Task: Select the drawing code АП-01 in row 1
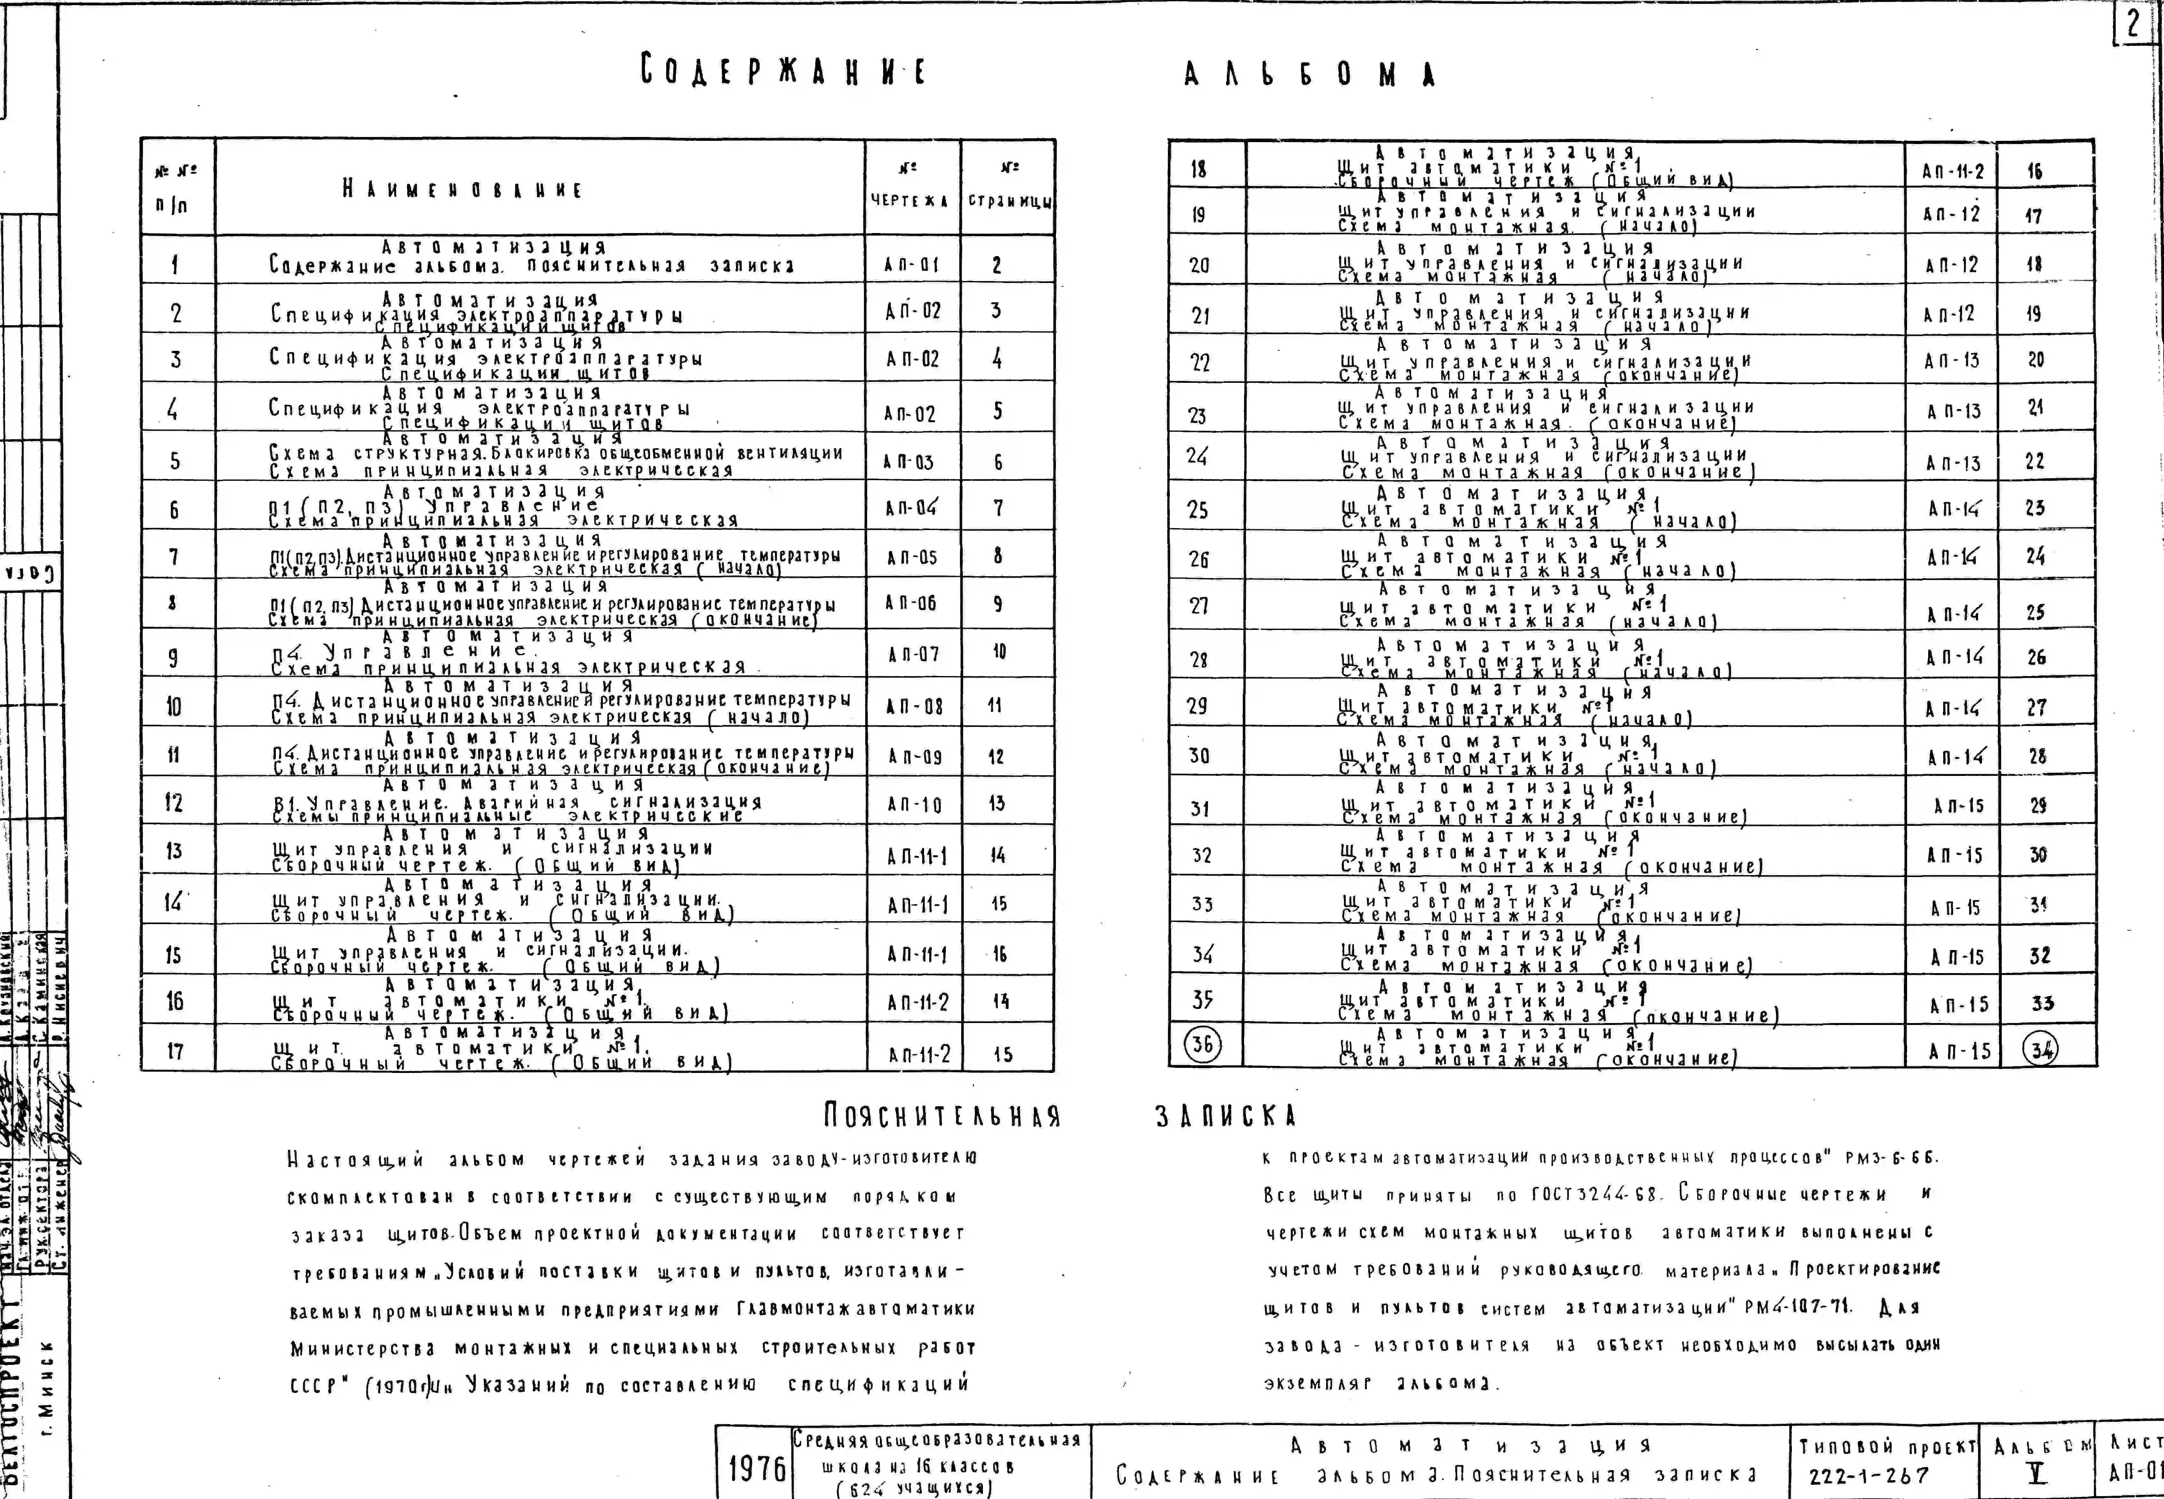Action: (x=911, y=265)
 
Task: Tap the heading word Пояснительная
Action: (x=942, y=1116)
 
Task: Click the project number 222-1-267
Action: (x=1868, y=1476)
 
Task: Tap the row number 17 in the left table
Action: (x=176, y=1051)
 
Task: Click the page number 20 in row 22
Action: (x=2035, y=360)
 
